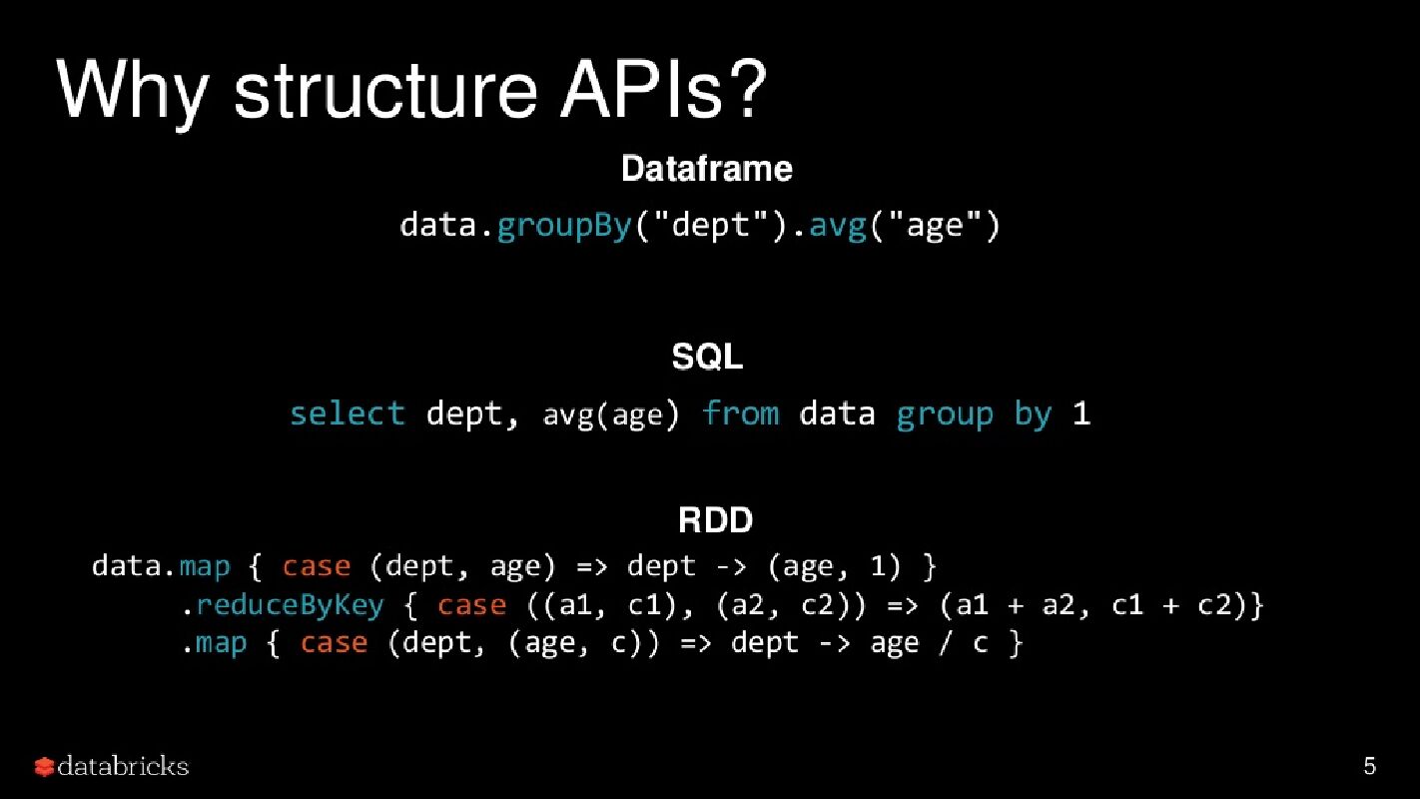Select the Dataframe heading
(707, 169)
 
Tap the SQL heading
(707, 357)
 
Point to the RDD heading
(715, 520)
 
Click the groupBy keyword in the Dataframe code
(563, 226)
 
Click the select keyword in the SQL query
(347, 413)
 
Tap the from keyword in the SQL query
(740, 413)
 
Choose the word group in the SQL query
(944, 414)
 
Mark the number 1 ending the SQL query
(1081, 413)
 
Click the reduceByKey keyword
(290, 605)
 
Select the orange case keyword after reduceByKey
(472, 605)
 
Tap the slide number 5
(1369, 766)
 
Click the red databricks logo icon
(44, 767)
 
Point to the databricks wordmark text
(123, 766)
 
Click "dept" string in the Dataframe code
(711, 226)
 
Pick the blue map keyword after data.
(205, 566)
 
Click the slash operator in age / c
(945, 643)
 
